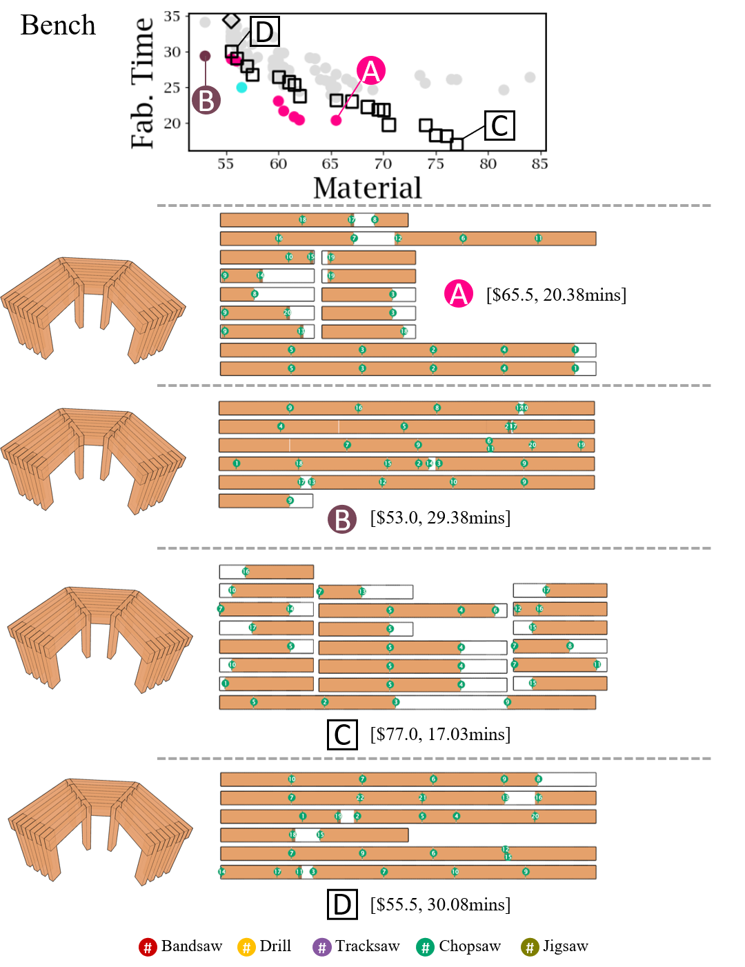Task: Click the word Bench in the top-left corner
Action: point(58,26)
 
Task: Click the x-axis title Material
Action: point(367,188)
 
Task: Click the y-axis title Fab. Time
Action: point(142,83)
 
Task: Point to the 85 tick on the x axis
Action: point(540,164)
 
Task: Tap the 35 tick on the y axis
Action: point(172,16)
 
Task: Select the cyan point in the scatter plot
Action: point(241,88)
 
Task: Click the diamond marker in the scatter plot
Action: point(231,21)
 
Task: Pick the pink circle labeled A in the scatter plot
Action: point(371,71)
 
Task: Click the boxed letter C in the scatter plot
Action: point(499,126)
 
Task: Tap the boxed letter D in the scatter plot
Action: point(265,32)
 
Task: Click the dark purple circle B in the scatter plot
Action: point(206,100)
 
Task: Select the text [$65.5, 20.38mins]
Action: point(556,295)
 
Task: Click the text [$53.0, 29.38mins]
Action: point(440,518)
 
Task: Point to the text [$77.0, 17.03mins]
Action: point(440,734)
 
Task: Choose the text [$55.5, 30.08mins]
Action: point(440,904)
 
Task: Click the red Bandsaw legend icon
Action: point(148,947)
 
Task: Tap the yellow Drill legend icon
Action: point(246,947)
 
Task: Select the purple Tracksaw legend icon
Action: point(322,947)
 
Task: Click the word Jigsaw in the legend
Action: point(565,946)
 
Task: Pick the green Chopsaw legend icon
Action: point(426,947)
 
